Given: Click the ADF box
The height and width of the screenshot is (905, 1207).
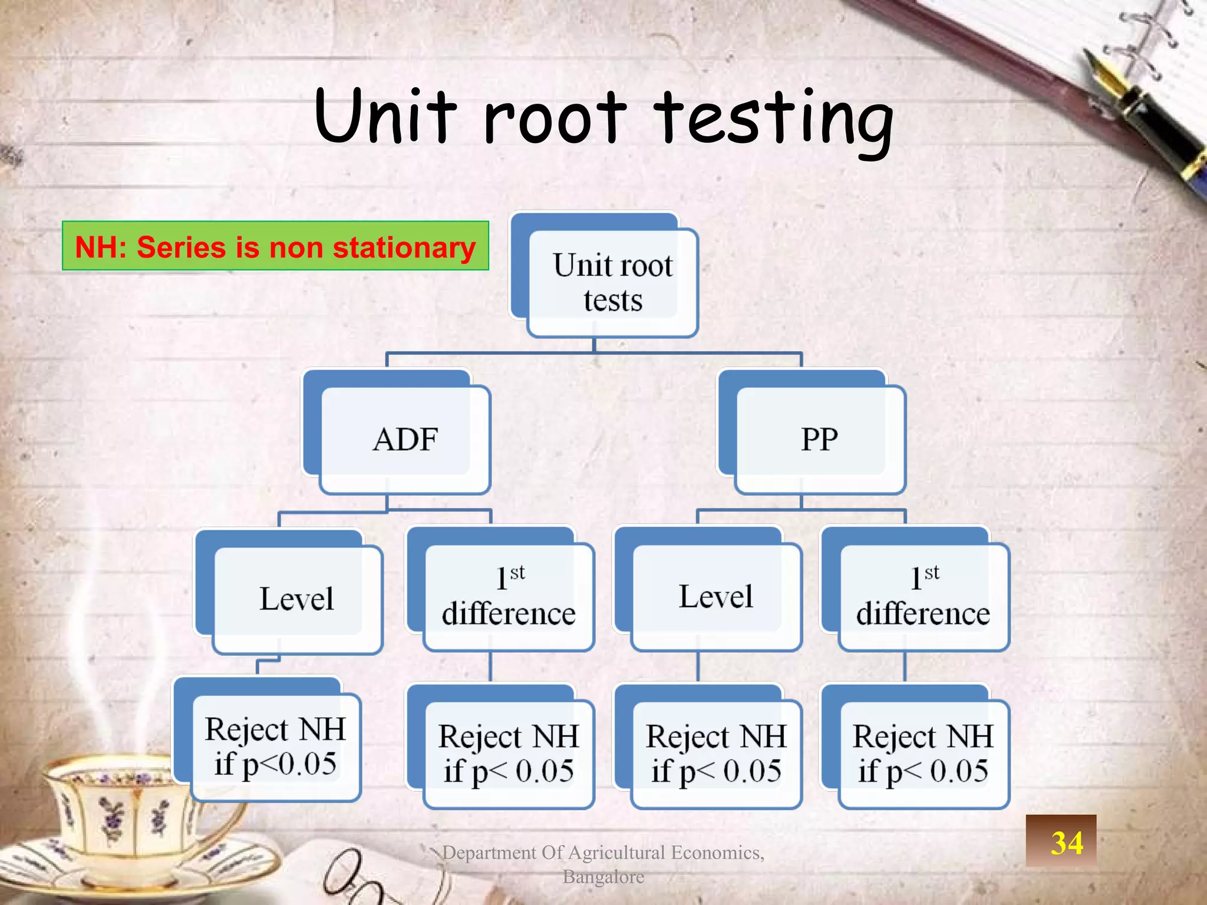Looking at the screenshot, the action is click(x=404, y=439).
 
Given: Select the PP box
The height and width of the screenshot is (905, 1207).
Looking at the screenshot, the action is click(x=819, y=439).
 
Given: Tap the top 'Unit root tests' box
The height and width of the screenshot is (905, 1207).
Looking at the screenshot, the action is click(x=612, y=282).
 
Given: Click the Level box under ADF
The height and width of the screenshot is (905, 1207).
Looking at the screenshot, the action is click(x=296, y=598).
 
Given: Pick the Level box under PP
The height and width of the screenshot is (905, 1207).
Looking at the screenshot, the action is click(x=715, y=596).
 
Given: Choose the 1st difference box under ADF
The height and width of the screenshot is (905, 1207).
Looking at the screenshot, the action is click(x=508, y=596).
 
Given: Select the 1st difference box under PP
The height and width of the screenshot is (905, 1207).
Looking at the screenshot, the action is click(x=923, y=596).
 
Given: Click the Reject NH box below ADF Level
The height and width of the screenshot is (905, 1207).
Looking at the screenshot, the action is click(x=275, y=747).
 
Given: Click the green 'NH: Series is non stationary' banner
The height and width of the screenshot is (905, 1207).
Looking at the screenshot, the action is click(x=275, y=246).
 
